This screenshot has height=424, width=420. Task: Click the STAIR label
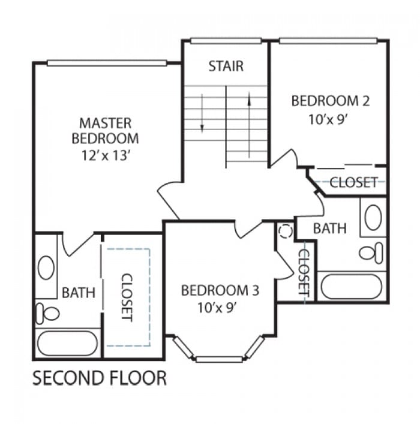click(226, 66)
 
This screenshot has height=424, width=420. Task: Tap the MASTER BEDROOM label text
click(105, 131)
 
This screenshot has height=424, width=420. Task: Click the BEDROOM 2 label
click(331, 101)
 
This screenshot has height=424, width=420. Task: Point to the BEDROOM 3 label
click(220, 290)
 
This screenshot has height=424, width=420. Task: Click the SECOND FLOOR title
click(100, 378)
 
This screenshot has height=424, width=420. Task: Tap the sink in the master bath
click(46, 267)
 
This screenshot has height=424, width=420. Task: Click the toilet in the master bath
click(47, 314)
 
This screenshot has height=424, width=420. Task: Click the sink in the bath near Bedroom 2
click(373, 218)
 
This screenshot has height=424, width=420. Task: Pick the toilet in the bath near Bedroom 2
click(371, 253)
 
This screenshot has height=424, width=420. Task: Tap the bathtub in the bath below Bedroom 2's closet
click(352, 286)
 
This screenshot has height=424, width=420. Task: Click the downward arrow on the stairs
click(202, 113)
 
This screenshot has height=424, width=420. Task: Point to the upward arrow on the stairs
click(249, 125)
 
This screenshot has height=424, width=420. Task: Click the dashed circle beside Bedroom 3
click(286, 231)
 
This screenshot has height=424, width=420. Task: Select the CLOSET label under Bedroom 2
click(353, 182)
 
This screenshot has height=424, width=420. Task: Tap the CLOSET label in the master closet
click(127, 297)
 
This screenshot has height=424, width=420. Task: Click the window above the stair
click(226, 41)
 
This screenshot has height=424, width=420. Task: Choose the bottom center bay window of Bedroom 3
click(219, 359)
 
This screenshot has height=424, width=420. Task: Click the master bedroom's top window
click(107, 63)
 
